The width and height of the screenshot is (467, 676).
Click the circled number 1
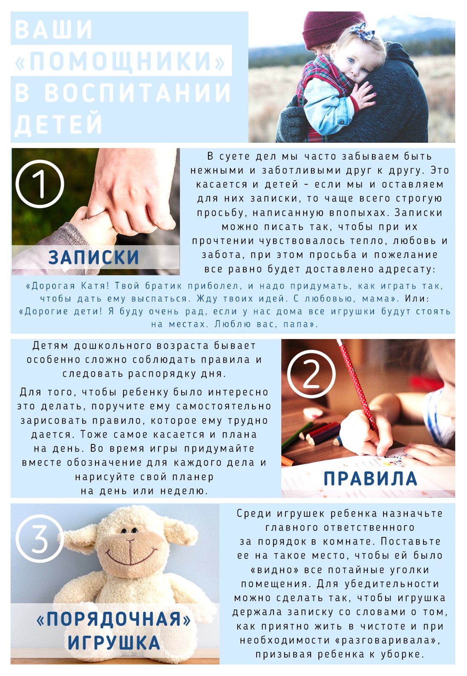[40, 184]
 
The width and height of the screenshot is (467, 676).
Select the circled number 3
[40, 538]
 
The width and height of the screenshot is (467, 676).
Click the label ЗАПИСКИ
[94, 257]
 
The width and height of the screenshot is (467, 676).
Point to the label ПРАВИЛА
[370, 479]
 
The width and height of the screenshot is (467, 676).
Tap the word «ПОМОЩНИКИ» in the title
[120, 60]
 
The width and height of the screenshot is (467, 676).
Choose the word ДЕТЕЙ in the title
[58, 124]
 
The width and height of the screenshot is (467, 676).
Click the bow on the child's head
[362, 32]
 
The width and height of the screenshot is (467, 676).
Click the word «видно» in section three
[275, 570]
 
